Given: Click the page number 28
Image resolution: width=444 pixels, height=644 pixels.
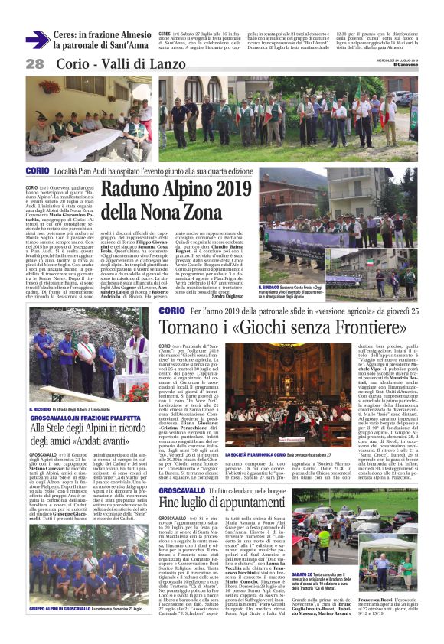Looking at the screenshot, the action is click(34, 64).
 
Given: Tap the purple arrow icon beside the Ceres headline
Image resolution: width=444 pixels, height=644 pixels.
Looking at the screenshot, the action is click(37, 39).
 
